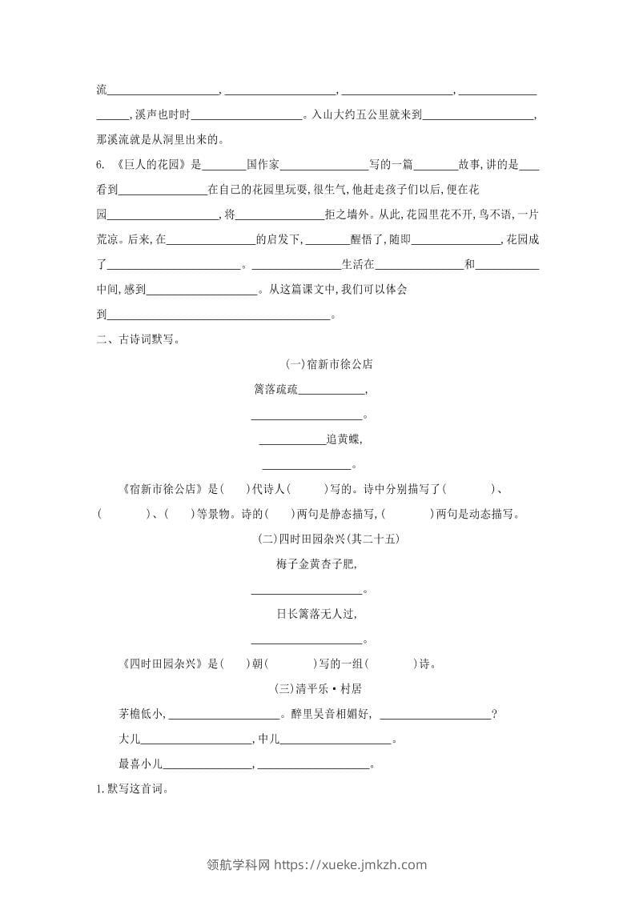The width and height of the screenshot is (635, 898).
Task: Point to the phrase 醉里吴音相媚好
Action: [x=330, y=714]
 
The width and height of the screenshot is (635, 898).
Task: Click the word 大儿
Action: [x=129, y=739]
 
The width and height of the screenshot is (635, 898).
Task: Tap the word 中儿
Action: [x=269, y=739]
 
